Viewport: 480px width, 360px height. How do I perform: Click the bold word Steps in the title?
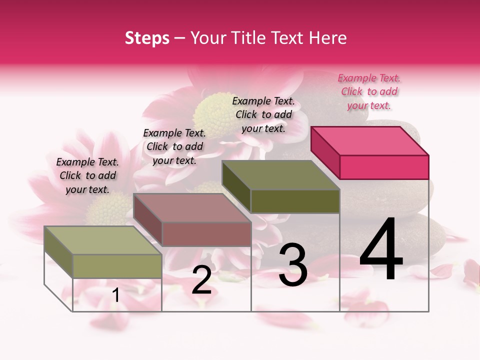pos(147,38)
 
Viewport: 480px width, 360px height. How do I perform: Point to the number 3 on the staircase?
pos(292,265)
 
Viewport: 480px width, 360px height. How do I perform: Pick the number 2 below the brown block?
pos(201,280)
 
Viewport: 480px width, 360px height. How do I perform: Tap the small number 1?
pos(116,295)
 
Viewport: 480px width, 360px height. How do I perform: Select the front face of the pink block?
pos(384,167)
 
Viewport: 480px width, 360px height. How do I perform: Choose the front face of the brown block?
pos(206,234)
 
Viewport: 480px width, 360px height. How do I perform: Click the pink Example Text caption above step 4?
pos(369,91)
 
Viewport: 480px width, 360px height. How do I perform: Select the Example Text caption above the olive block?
pos(263,114)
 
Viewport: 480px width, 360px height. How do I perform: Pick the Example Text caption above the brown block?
pos(174,146)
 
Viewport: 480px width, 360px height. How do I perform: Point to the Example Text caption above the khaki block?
pos(87,175)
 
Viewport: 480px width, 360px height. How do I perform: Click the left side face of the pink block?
pos(325,152)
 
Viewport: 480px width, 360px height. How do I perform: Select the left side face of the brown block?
pos(147,219)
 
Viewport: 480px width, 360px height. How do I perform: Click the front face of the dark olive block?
pos(295,201)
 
